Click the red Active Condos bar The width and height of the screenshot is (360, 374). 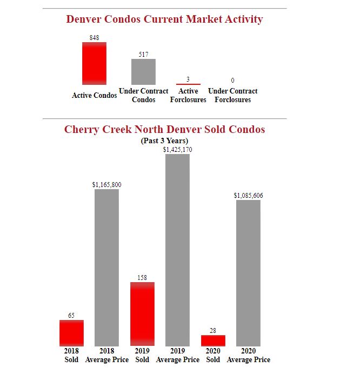(94, 63)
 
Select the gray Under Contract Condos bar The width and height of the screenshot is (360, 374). (143, 71)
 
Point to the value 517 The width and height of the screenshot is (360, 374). (143, 55)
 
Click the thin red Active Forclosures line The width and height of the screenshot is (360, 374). (188, 84)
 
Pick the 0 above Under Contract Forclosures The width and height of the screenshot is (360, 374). (232, 81)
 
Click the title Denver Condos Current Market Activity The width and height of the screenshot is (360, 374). (164, 19)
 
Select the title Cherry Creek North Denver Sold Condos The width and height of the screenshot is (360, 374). (164, 130)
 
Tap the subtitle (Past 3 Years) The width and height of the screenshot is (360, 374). (164, 141)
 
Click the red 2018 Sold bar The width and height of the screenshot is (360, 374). (71, 333)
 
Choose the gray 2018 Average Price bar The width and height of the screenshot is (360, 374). (106, 268)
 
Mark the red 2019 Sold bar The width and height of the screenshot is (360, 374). (142, 314)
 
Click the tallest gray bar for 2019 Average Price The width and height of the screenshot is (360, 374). (177, 250)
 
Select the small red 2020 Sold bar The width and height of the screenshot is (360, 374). (213, 340)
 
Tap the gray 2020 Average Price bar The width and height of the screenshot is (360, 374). (248, 273)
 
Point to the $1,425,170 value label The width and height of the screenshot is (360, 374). (177, 150)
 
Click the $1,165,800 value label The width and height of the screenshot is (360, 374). (106, 185)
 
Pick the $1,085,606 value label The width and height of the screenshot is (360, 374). (248, 196)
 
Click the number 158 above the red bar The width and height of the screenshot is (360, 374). (142, 278)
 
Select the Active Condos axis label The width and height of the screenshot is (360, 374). (94, 96)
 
